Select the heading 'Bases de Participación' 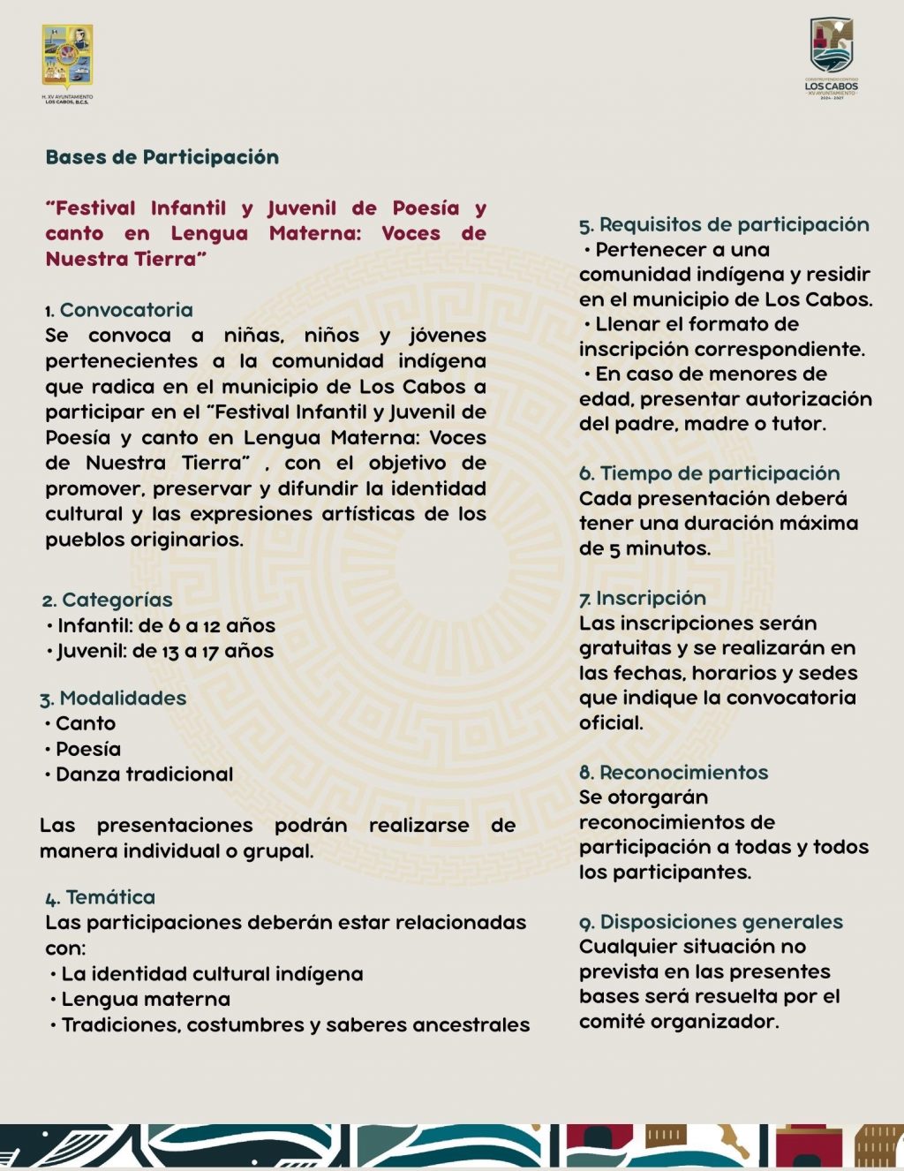(162, 157)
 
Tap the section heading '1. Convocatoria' (119, 310)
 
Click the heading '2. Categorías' (107, 601)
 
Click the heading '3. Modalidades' (113, 699)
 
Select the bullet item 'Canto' (85, 724)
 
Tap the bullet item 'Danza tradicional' (144, 774)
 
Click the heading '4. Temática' (101, 898)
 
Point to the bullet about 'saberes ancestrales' (296, 1025)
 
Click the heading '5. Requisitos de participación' (724, 225)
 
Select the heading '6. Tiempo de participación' (710, 473)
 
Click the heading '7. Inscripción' (643, 599)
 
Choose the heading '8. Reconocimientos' (674, 773)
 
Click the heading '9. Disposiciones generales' (711, 922)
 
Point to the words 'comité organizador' (678, 1022)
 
